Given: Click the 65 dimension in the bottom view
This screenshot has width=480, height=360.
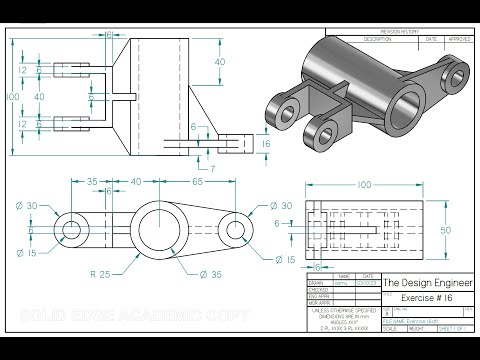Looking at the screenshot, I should click(199, 182).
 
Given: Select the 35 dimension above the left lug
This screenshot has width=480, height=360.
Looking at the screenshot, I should click(90, 182).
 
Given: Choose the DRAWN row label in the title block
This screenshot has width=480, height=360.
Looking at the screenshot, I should click(317, 286).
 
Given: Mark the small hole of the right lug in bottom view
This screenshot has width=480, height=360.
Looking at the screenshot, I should click(236, 230).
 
